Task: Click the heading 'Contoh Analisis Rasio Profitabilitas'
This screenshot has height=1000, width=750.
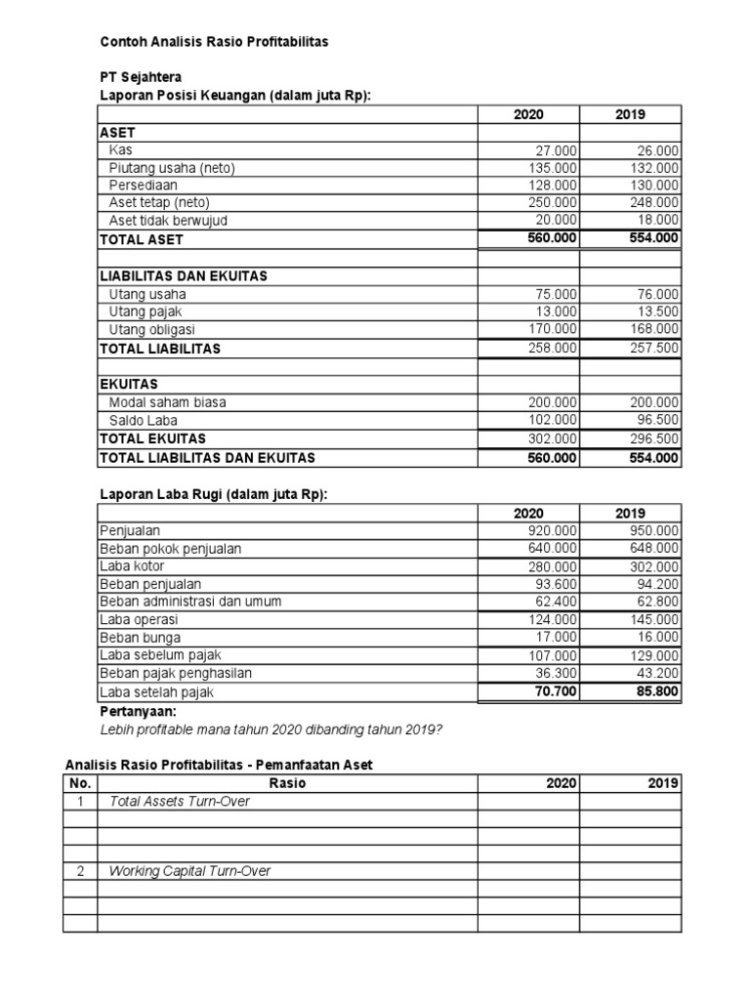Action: pyautogui.click(x=215, y=42)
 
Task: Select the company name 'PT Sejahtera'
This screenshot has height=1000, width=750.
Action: pyautogui.click(x=141, y=77)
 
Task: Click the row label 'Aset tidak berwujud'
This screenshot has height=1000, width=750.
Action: pyautogui.click(x=168, y=221)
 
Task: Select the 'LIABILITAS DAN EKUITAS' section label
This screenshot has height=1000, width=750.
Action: pyautogui.click(x=184, y=276)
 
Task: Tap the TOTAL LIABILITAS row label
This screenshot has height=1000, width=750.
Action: pyautogui.click(x=161, y=349)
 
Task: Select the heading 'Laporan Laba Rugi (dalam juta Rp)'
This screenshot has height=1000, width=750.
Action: pyautogui.click(x=214, y=495)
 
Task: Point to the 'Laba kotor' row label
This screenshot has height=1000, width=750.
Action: pyautogui.click(x=132, y=566)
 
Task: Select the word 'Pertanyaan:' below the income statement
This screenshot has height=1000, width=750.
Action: pyautogui.click(x=138, y=713)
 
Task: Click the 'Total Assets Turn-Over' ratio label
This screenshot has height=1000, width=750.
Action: pyautogui.click(x=180, y=802)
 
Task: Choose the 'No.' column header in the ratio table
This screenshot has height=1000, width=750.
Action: pyautogui.click(x=80, y=783)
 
